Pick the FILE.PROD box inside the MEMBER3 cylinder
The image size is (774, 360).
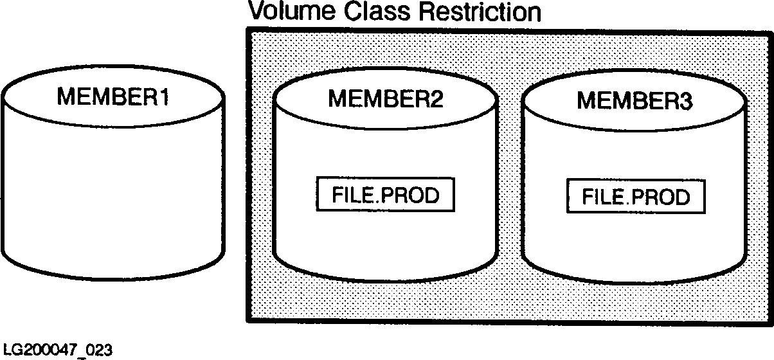coord(635,196)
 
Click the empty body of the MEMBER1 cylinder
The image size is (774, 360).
coord(113,193)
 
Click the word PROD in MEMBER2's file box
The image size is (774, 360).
coord(411,195)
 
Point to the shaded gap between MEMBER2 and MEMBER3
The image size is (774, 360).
coord(510,193)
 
